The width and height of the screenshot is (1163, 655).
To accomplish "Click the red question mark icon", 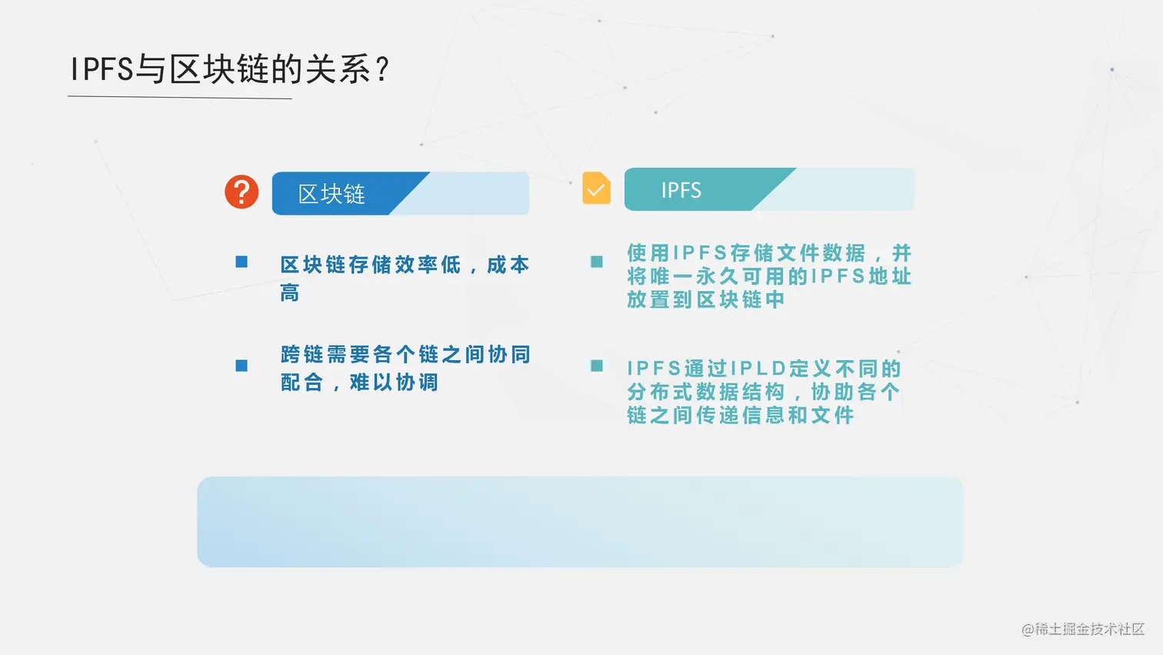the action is point(242,192).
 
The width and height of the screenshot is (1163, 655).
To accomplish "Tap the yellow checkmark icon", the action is point(596,188).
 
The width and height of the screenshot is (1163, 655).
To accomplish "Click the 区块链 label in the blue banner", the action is point(332,194).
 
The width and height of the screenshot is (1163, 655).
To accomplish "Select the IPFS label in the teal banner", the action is point(681,190).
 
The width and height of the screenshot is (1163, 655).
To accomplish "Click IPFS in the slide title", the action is point(102,69).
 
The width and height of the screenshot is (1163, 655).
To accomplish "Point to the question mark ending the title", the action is point(383,69).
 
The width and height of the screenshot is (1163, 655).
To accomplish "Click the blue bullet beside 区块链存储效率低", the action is point(242,262).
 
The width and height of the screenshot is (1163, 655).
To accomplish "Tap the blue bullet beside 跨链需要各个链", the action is point(242,366).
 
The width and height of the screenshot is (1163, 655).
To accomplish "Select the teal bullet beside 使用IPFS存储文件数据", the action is point(597,262).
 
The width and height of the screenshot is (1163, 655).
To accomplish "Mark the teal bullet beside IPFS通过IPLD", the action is point(597,366).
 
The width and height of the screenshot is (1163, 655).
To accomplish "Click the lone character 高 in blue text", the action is point(290,293).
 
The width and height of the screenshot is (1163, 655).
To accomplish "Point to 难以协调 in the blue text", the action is point(394,383).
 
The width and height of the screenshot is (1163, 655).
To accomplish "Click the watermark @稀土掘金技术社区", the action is point(1083,629).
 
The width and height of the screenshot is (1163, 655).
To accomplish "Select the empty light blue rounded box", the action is point(580,522).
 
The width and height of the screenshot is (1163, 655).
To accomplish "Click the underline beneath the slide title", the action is point(180,97).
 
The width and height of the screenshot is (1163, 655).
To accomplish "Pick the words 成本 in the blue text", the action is point(508,265).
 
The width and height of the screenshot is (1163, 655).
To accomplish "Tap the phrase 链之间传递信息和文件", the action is point(741,415).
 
